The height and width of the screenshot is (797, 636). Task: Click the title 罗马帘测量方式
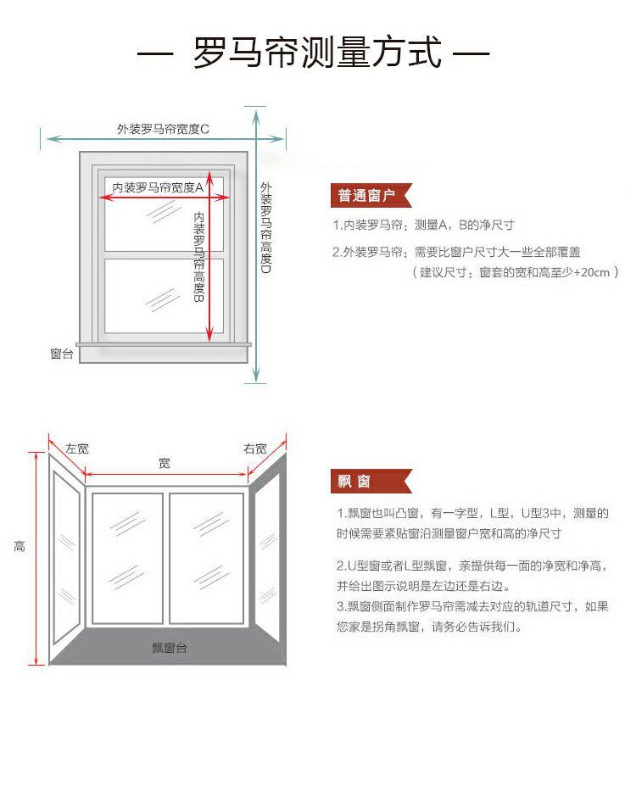click(317, 53)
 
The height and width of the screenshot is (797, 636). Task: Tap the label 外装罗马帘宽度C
click(163, 129)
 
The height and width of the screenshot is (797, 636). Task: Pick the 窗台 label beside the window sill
click(62, 353)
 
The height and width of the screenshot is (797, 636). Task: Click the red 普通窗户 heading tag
click(367, 196)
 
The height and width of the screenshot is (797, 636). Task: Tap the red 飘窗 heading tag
click(355, 482)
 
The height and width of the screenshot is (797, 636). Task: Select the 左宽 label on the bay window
click(77, 448)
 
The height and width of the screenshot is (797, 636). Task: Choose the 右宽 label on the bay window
click(254, 448)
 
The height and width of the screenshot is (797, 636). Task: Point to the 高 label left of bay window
click(20, 547)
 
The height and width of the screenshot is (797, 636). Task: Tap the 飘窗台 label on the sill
click(170, 648)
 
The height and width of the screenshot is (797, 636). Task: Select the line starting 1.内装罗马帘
click(423, 226)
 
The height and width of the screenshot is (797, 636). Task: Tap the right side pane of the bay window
click(266, 551)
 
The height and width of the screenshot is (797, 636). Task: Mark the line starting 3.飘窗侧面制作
click(471, 606)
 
